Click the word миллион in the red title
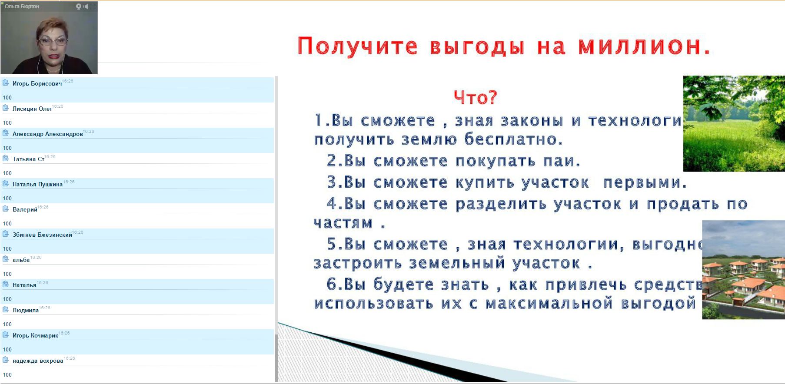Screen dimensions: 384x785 coord(639,46)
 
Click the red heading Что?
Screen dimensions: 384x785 coord(475,97)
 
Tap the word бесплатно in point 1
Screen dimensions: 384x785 coord(513,139)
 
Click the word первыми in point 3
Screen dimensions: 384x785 coord(644,182)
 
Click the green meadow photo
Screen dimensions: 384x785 coord(734,124)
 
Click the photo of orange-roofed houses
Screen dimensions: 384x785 coord(743,270)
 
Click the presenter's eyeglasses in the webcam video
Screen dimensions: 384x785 coord(53,42)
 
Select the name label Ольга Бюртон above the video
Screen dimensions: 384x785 coord(22,7)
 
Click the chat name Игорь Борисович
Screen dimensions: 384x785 coord(37,84)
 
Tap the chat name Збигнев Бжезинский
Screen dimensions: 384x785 coord(42,235)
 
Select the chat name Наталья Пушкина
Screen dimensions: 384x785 coord(37,185)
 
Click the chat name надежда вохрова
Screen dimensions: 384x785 coord(38,361)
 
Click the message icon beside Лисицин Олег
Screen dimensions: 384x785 coord(6,108)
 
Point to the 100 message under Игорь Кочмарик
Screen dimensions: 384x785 coord(7,350)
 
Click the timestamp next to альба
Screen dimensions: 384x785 coord(36,258)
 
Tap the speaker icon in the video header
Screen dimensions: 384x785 coord(86,7)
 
